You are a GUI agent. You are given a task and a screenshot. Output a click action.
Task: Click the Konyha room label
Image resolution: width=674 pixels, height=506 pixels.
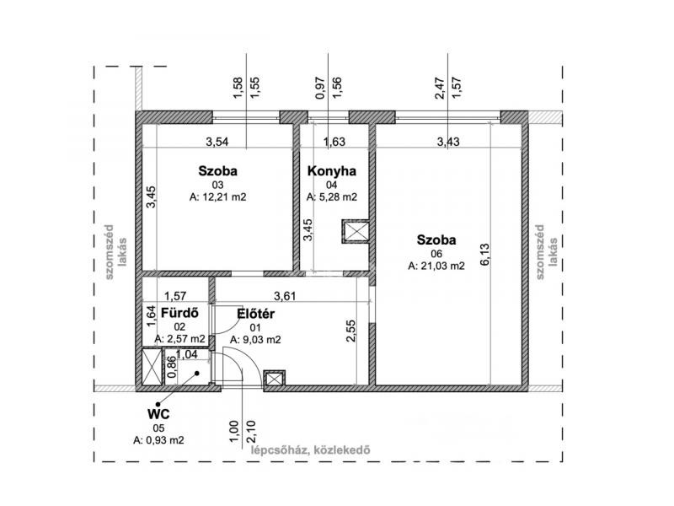click(332, 171)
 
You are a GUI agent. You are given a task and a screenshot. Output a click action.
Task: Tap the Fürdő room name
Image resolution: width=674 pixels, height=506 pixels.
click(179, 313)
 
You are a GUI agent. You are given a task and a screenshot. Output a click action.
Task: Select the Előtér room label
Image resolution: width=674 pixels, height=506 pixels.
click(256, 314)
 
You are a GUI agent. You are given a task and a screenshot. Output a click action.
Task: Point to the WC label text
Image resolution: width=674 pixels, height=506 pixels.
click(158, 414)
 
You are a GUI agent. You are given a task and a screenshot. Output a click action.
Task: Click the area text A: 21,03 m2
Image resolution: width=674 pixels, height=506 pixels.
click(436, 266)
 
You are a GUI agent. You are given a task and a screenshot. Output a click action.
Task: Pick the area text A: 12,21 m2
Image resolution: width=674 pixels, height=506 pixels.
click(218, 197)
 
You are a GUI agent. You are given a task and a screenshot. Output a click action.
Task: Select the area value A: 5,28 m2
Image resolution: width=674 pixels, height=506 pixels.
click(332, 197)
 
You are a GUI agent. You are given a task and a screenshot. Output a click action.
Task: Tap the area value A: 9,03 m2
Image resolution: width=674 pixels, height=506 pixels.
click(256, 340)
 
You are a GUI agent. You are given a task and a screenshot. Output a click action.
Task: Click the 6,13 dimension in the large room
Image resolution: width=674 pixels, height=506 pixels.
click(485, 255)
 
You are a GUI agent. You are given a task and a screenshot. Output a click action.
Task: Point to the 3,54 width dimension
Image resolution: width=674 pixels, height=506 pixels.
click(217, 142)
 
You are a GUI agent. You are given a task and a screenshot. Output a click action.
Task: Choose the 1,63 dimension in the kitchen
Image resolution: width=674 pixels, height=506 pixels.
click(334, 142)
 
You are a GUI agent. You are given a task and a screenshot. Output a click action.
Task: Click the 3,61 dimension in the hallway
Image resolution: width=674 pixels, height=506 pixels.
click(285, 296)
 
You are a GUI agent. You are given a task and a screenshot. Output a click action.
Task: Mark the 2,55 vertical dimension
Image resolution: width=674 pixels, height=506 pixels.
click(350, 331)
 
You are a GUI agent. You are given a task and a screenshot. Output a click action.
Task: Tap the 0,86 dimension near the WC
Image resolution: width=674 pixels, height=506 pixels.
click(171, 367)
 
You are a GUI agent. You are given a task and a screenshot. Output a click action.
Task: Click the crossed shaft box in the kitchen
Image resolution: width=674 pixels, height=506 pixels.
click(356, 231)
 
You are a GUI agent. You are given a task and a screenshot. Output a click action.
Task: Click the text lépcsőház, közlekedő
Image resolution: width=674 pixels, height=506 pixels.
click(310, 450)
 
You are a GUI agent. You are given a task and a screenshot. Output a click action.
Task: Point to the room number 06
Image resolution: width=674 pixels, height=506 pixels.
click(436, 254)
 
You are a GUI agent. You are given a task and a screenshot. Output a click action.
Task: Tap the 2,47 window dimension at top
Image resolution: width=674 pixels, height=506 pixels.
click(440, 89)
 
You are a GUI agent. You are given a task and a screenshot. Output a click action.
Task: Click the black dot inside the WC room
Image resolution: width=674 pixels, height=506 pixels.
click(197, 374)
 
